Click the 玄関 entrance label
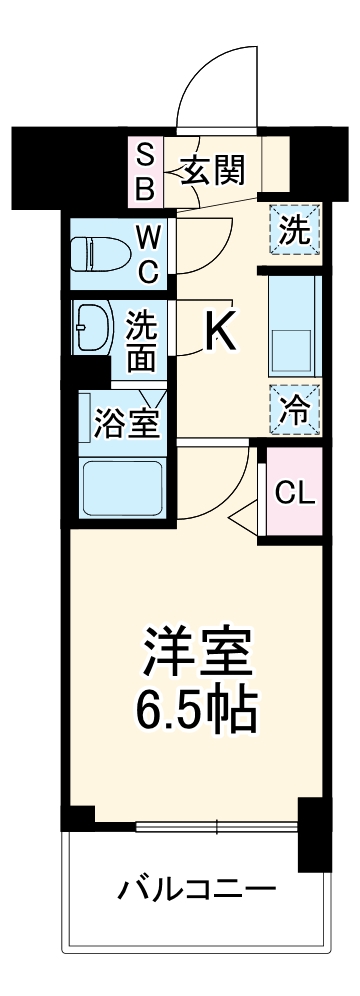pos(213,172)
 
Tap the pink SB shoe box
pos(146,172)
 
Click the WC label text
pos(147,254)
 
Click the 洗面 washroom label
pos(142,340)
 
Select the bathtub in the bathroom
pos(121,486)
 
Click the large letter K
pos(220,333)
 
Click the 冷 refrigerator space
pos(293,407)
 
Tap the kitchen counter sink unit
pos(293,322)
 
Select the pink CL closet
pos(294,492)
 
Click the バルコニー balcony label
pos(195,888)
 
